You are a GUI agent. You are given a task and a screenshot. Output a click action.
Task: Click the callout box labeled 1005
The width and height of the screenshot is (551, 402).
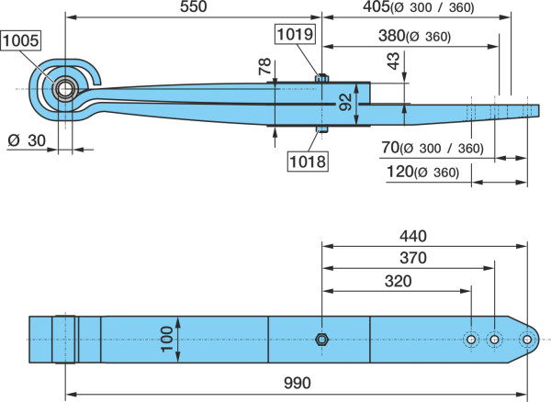point(20,40)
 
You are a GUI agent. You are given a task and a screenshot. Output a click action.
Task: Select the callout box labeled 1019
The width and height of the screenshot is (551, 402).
point(295,34)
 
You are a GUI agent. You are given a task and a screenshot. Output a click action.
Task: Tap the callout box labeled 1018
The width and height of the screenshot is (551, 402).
point(308,162)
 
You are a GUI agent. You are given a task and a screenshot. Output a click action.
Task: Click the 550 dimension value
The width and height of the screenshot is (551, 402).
point(193,6)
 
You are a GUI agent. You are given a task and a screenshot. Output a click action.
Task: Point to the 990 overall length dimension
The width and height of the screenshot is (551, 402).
point(298,383)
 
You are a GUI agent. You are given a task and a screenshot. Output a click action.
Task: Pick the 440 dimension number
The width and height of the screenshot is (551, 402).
point(413,236)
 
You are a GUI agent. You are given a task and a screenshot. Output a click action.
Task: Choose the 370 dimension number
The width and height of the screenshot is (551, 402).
point(413,258)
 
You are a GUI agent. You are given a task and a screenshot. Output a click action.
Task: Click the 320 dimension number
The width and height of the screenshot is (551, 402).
point(399,281)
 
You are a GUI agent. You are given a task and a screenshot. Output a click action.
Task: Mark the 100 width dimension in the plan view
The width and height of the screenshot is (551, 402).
point(166,340)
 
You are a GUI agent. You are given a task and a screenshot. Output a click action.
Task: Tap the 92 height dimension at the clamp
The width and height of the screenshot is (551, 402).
point(346,102)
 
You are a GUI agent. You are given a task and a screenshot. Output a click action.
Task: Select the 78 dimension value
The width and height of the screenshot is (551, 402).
point(265,66)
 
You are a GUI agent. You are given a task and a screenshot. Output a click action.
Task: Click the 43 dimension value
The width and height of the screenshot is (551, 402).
point(394,61)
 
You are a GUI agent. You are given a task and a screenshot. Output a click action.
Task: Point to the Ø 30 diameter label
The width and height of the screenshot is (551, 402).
point(27,140)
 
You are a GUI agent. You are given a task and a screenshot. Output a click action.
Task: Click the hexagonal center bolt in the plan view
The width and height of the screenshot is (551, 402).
point(321,340)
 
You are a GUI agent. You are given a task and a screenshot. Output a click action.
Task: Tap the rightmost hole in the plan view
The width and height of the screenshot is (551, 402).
point(527,340)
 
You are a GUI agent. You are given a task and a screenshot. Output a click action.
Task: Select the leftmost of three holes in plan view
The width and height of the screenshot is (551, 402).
point(471,340)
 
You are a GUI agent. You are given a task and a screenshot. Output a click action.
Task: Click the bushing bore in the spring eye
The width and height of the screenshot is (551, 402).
point(65,89)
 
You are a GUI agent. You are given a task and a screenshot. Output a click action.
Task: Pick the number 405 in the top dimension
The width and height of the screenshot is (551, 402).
point(377,6)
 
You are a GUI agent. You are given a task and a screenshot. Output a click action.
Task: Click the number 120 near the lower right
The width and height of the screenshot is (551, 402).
point(399,172)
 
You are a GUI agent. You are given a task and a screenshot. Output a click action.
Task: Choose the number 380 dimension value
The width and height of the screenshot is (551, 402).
point(392,36)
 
